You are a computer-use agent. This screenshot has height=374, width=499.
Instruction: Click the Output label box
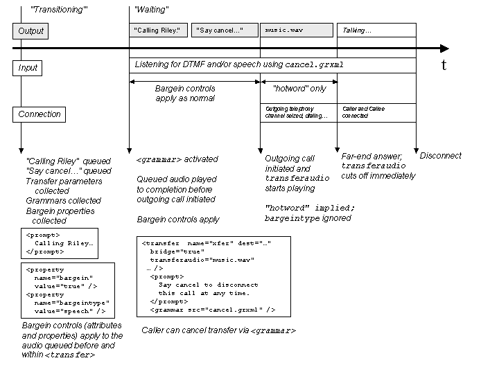(x=31, y=31)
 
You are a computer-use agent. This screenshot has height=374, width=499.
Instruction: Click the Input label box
(x=28, y=68)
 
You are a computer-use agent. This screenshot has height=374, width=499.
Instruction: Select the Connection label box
(x=40, y=114)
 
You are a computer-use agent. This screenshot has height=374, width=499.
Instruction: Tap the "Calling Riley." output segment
(x=157, y=30)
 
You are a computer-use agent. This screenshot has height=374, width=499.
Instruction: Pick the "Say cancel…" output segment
(x=220, y=30)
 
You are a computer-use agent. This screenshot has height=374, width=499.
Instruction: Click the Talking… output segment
(x=376, y=30)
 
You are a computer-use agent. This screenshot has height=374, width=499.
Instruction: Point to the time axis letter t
(x=444, y=65)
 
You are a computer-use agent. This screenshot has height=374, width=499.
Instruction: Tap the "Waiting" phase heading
(x=151, y=10)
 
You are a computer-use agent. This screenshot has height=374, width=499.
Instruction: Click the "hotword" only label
(x=299, y=89)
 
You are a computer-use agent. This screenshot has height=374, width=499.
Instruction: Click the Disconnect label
(x=440, y=156)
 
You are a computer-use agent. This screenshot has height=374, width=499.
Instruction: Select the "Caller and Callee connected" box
(x=376, y=112)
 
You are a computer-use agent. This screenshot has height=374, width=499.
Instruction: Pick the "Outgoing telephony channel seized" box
(x=298, y=112)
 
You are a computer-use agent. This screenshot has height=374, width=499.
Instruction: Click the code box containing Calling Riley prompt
(x=59, y=243)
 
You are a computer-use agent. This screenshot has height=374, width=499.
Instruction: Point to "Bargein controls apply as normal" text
(x=185, y=93)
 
